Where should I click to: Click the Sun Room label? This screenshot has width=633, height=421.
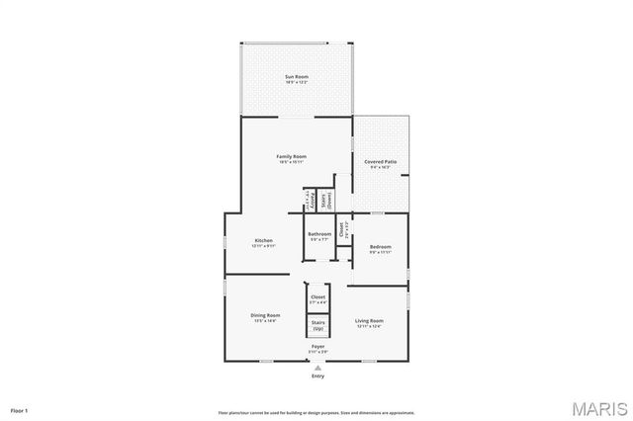(297, 76)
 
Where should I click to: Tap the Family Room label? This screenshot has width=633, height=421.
(291, 156)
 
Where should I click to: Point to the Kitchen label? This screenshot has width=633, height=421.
(263, 240)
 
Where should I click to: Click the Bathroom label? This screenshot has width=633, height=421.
(318, 234)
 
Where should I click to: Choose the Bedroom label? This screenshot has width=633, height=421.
(381, 246)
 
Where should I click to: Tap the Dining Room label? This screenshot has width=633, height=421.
(265, 315)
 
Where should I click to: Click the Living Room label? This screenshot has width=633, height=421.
(370, 320)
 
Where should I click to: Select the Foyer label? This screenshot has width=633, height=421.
(317, 346)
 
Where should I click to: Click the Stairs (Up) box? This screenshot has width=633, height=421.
(317, 324)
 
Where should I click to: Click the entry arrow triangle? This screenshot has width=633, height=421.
(317, 367)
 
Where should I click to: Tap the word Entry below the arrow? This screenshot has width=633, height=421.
(317, 376)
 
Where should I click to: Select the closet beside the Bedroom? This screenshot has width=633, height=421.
(342, 230)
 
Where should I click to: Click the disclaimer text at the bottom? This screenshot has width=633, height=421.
(316, 412)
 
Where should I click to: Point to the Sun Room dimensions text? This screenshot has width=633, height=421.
(297, 82)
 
